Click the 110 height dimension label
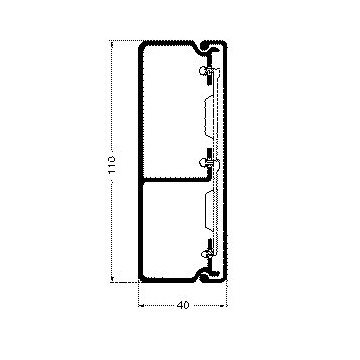click(x=111, y=159)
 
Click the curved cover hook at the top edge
click(x=213, y=45)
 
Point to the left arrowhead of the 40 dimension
click(x=140, y=304)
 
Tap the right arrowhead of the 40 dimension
click(x=226, y=304)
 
